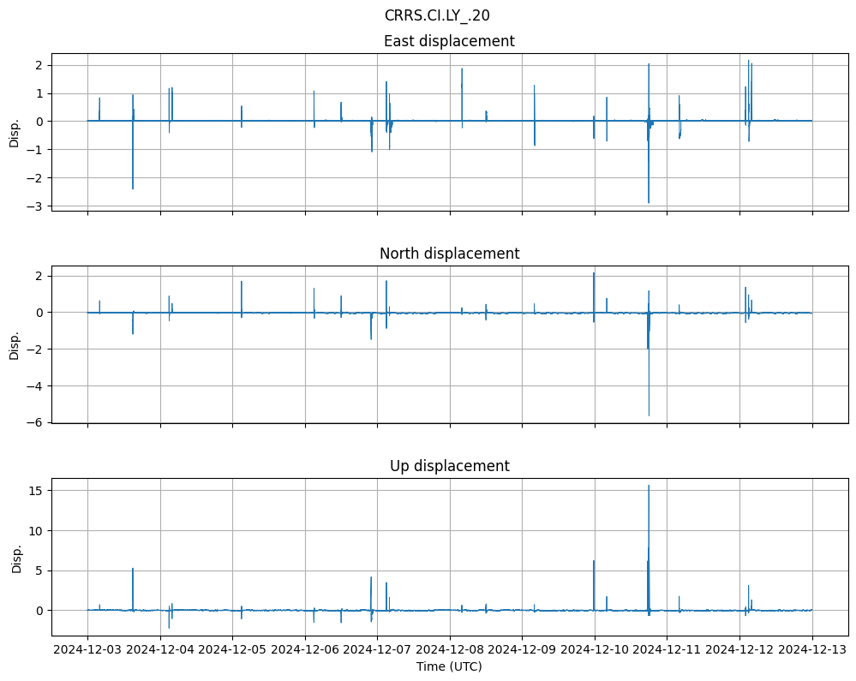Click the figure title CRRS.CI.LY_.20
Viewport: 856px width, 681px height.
click(x=437, y=15)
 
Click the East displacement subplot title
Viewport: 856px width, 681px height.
click(x=449, y=41)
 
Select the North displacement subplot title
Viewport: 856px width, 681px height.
click(x=449, y=254)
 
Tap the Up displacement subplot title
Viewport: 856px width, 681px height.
click(x=449, y=466)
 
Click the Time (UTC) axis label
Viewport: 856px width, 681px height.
click(x=449, y=666)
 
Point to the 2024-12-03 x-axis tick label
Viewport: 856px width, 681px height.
click(x=87, y=650)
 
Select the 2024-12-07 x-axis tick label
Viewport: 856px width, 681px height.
click(x=377, y=650)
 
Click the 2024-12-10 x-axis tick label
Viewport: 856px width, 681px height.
click(x=595, y=650)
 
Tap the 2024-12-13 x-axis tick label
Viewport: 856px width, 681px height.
click(x=812, y=650)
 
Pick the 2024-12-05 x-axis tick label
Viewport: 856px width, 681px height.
click(x=232, y=650)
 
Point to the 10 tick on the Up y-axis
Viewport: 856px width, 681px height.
click(x=37, y=531)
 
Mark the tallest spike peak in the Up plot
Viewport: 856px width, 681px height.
click(x=649, y=486)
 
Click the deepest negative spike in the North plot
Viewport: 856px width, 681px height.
click(x=649, y=415)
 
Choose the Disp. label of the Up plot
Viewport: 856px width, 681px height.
click(x=14, y=558)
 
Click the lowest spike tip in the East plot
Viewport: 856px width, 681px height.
click(x=649, y=203)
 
